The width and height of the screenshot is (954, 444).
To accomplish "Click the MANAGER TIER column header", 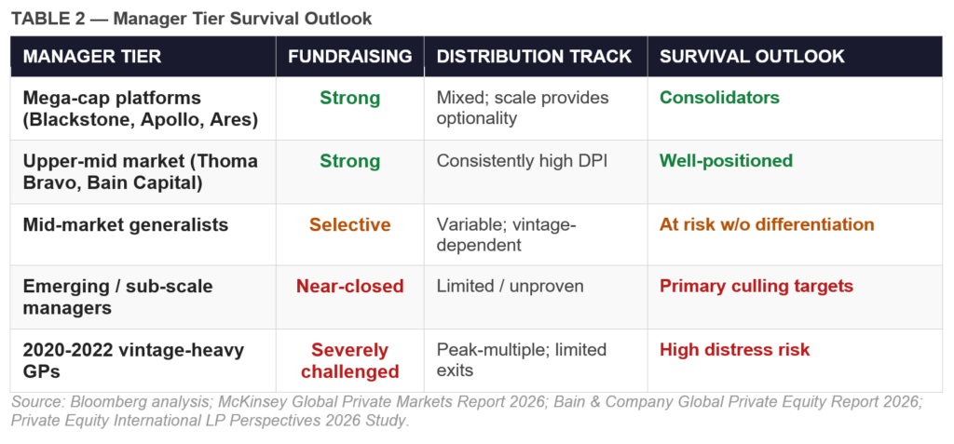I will pos(91,56).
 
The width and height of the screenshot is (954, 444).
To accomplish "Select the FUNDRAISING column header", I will pos(349,56).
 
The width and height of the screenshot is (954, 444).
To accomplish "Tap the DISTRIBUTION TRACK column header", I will pos(534,56).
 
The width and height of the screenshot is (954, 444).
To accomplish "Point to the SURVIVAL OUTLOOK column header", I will pos(752,56).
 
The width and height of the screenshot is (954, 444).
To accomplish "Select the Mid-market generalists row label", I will pos(125,224).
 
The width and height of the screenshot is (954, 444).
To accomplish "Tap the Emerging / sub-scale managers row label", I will pos(117,297).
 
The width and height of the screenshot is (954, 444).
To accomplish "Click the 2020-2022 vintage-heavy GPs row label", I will pos(133,360).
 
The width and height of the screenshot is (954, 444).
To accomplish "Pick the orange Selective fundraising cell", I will pos(349,224).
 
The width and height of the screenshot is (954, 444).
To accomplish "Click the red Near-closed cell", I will pos(349,286).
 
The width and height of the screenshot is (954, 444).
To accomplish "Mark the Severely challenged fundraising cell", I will pos(349,360).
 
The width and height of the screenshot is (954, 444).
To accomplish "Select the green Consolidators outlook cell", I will pos(719,98).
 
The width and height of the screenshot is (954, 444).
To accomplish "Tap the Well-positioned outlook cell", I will pos(726,161).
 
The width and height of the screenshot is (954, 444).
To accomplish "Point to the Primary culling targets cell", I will pos(756,286).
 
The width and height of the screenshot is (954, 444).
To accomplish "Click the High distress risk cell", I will pos(734,350).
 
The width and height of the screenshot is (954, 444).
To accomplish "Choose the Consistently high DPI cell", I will pos(522,161).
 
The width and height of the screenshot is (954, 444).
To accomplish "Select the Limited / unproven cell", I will pos(510,286).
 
